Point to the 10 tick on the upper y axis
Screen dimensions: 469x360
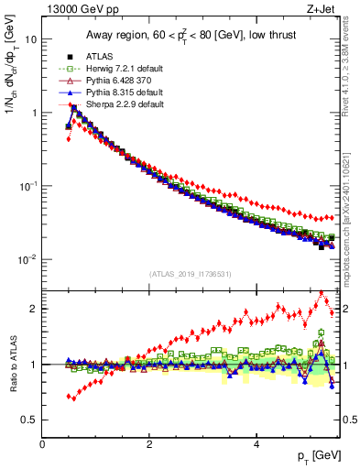click(30, 40)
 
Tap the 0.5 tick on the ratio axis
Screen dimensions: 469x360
click(28, 420)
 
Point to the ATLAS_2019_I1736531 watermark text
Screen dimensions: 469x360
click(191, 274)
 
